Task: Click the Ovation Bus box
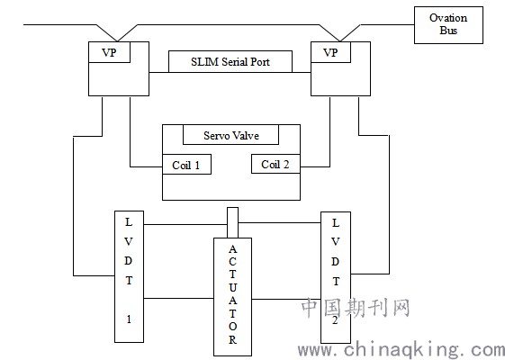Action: pos(448,25)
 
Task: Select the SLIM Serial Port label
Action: pos(230,61)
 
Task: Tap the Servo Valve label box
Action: pos(231,135)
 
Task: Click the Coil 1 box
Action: pos(186,164)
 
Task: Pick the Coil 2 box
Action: pos(275,164)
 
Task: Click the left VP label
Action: pos(109,52)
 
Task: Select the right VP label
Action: pos(330,52)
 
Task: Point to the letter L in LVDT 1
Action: pos(129,222)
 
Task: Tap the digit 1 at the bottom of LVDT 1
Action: pos(129,319)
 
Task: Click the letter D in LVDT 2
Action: pos(335,262)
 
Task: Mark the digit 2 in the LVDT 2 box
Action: pos(335,320)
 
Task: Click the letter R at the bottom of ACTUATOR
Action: pos(232,339)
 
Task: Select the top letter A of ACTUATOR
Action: pos(232,249)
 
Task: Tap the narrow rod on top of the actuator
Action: pos(232,222)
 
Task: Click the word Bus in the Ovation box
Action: pos(448,31)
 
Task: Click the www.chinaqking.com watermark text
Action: pos(401,350)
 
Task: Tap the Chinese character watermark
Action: pos(356,308)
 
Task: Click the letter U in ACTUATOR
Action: pos(232,287)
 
